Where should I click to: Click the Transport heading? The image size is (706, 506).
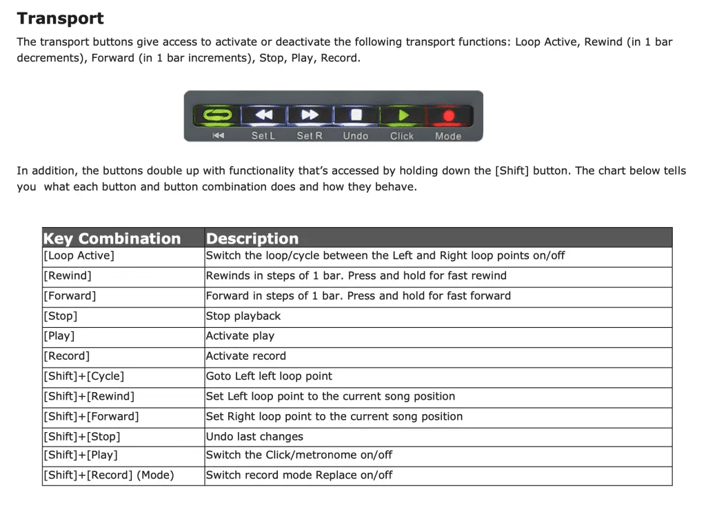(x=61, y=19)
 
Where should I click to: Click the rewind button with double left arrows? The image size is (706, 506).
(x=264, y=115)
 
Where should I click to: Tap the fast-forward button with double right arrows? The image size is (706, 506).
(x=310, y=115)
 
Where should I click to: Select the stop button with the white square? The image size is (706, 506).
(x=356, y=115)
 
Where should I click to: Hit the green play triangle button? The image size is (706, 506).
(x=403, y=115)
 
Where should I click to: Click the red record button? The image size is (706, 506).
(x=448, y=115)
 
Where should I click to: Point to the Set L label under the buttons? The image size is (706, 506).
(x=263, y=136)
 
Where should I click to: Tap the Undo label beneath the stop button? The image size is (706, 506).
(x=356, y=136)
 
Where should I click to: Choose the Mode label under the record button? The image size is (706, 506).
(x=448, y=136)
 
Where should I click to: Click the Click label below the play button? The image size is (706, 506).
(x=402, y=136)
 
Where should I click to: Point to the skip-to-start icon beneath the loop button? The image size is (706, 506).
(x=219, y=135)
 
